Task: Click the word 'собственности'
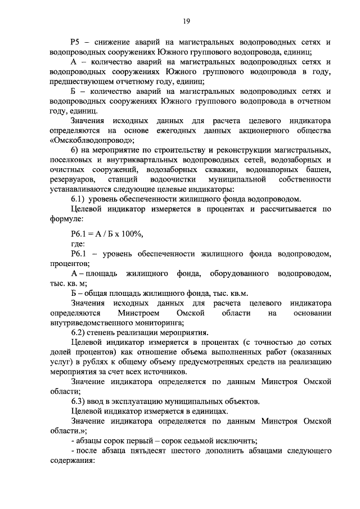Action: (304, 179)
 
